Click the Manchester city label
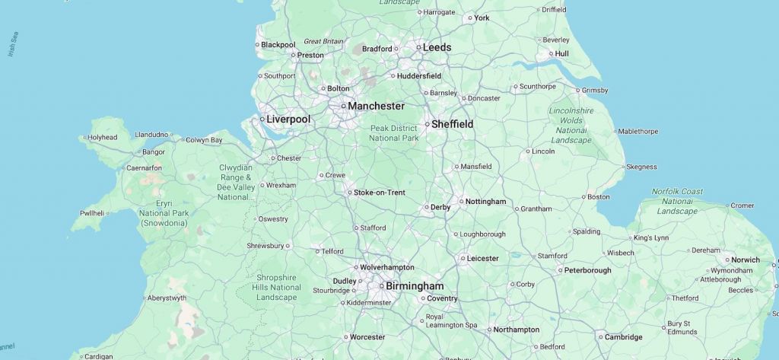376,106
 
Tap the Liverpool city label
288,119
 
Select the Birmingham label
414,286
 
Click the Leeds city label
437,47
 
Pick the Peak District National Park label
394,133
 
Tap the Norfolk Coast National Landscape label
677,201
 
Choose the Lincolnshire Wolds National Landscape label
571,126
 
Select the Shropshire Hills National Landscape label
277,287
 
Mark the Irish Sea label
13,44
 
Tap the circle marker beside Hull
551,54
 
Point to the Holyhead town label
102,138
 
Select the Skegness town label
641,167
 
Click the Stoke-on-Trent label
379,193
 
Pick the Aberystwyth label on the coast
166,298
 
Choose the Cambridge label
624,336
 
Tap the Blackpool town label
278,45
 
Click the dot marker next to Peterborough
560,270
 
